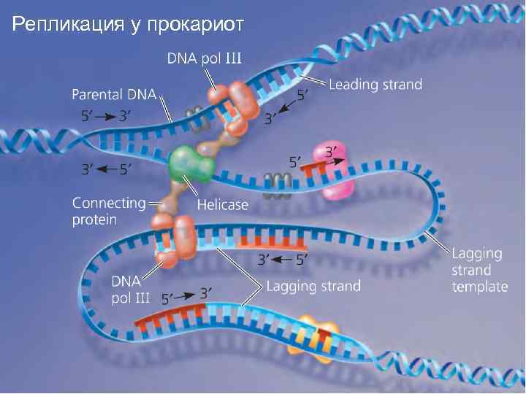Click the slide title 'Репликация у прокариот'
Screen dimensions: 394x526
tap(126, 26)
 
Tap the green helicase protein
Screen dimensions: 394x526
tap(189, 165)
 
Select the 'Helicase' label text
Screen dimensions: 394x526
tap(223, 205)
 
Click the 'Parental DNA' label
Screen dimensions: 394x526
tap(115, 94)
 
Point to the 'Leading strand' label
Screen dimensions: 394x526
tap(376, 85)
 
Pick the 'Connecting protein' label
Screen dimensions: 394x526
tap(107, 211)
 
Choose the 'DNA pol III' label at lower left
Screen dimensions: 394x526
tap(130, 289)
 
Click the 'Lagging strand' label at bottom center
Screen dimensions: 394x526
tap(313, 286)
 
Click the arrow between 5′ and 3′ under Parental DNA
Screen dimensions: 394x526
tap(107, 115)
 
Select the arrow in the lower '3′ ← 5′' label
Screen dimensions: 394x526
tap(285, 258)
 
